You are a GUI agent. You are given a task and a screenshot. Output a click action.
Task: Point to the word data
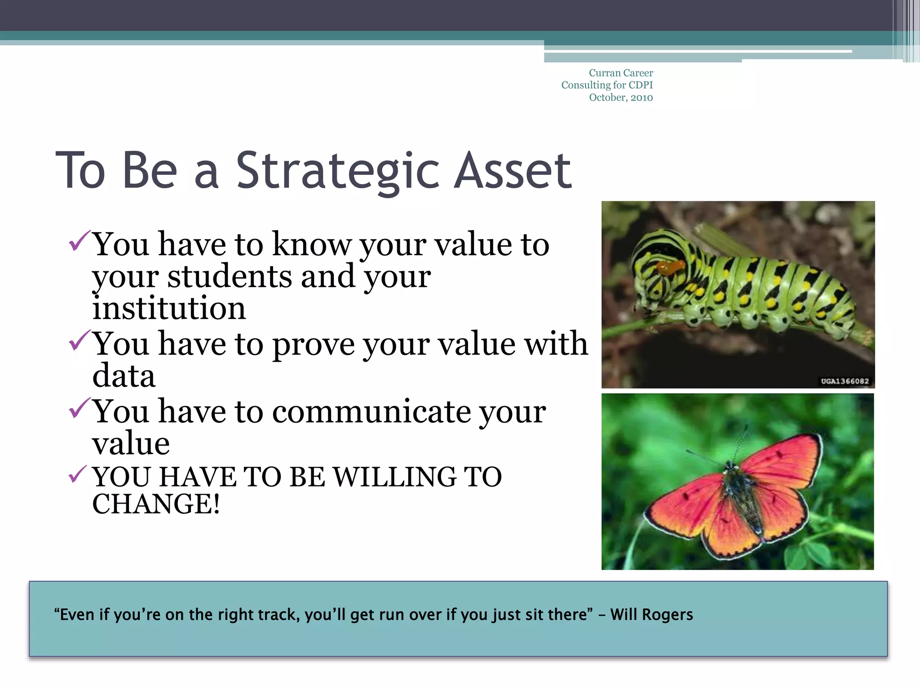pyautogui.click(x=124, y=376)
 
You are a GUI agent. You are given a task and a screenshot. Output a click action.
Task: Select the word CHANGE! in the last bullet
pyautogui.click(x=156, y=504)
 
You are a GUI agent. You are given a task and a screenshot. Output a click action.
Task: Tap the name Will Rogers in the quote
pyautogui.click(x=651, y=615)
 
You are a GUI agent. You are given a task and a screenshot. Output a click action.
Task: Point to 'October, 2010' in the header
pyautogui.click(x=621, y=97)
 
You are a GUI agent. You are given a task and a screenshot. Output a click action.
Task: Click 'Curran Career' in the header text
pyautogui.click(x=621, y=73)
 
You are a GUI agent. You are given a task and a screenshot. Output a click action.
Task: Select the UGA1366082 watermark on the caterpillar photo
pyautogui.click(x=845, y=381)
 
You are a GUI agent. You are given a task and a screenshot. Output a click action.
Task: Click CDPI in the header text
pyautogui.click(x=641, y=85)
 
